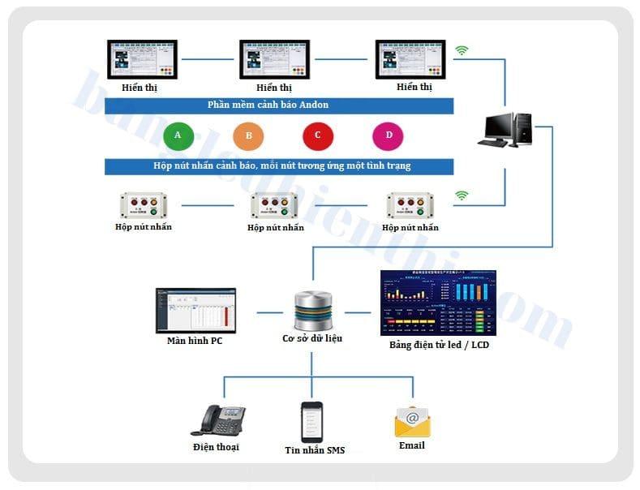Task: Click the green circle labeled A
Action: [x=178, y=135]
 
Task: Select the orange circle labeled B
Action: [x=248, y=135]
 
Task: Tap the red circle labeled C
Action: [x=318, y=135]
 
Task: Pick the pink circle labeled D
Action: [x=388, y=135]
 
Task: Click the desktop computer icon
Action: [x=508, y=130]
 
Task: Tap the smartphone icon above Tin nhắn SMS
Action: [x=312, y=421]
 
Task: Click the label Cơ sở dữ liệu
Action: [x=311, y=338]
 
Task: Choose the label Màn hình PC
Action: [x=195, y=341]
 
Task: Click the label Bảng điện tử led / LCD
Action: [x=439, y=345]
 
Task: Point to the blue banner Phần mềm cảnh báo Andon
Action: [x=279, y=105]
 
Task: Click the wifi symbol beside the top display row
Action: [x=462, y=51]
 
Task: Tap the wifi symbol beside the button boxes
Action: [x=462, y=196]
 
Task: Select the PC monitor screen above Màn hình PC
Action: [x=195, y=310]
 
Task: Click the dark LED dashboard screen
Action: [x=438, y=303]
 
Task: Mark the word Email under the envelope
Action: [x=412, y=445]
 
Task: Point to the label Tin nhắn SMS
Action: [x=314, y=449]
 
